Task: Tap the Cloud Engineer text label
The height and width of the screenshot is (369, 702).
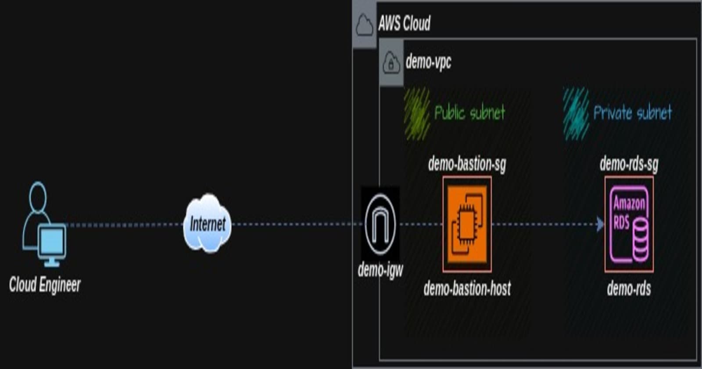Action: (x=45, y=285)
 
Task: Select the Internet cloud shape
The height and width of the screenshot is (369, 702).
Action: (x=207, y=224)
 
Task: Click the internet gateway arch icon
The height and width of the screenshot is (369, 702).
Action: (x=380, y=224)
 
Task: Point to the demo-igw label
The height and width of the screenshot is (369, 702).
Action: (x=380, y=270)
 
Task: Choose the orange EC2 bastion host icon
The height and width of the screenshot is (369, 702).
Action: (x=467, y=224)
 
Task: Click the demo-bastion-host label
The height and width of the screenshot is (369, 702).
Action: (x=467, y=289)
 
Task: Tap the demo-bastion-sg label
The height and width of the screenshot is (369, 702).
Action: (x=467, y=164)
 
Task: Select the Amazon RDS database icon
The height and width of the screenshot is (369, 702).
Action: (x=629, y=224)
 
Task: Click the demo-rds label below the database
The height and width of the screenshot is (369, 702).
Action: (x=629, y=289)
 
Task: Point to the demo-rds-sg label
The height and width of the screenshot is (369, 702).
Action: (x=629, y=164)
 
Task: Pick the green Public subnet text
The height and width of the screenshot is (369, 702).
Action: (x=469, y=113)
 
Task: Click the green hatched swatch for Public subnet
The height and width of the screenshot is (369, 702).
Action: (x=417, y=113)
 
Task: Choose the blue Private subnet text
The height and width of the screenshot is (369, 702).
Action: (x=632, y=113)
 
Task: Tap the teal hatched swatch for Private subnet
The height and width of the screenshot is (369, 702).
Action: (x=576, y=113)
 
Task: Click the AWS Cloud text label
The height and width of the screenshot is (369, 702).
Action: (x=404, y=23)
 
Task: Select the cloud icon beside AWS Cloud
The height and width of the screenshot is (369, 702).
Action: (x=365, y=25)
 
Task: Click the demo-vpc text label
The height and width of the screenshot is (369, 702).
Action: (x=428, y=62)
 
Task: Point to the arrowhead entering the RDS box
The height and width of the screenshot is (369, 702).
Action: (x=600, y=224)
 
